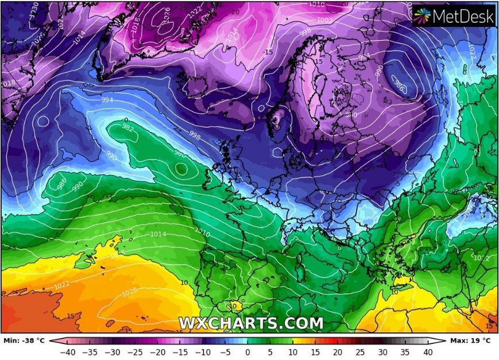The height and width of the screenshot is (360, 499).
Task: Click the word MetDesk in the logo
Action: (463, 17)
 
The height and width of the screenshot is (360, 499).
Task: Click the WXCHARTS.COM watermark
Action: (250, 323)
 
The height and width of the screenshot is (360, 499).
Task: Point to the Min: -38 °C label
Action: (24, 340)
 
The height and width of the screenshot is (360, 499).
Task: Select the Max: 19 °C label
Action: (471, 340)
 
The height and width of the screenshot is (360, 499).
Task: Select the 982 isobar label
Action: (127, 128)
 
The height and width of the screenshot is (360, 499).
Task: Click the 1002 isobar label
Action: (325, 20)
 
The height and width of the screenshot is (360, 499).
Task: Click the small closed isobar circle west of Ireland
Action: (181, 169)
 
